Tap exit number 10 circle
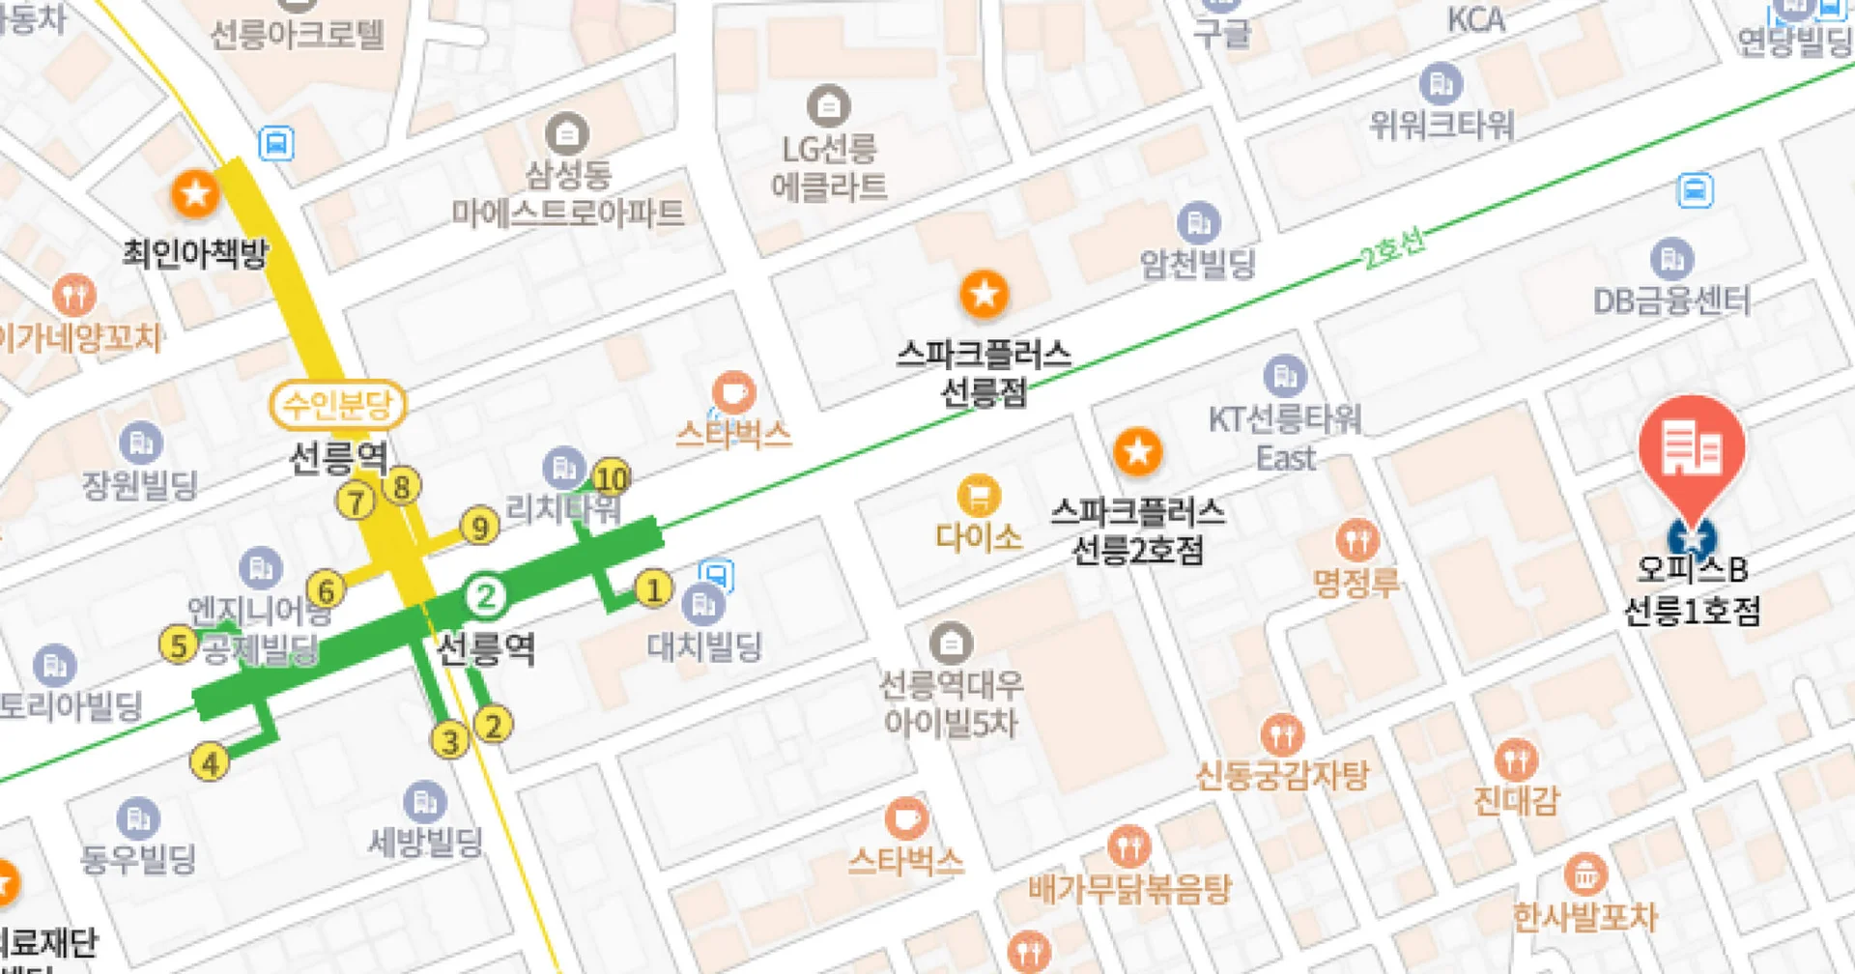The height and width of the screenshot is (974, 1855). coord(611,477)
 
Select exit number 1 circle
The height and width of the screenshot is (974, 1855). coord(653,588)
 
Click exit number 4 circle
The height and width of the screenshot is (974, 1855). coord(210,762)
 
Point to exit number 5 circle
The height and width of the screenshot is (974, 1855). coord(179,645)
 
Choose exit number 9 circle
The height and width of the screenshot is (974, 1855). coord(479,527)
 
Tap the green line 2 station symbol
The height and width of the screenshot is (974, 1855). coord(486,596)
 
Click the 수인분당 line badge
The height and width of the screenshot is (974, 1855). coord(337,404)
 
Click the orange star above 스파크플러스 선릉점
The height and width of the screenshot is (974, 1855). coord(984,294)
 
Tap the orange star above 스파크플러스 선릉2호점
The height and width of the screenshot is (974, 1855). coord(1137,451)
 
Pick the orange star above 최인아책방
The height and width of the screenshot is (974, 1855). coord(195,194)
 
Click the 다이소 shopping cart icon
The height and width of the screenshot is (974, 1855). coord(978,497)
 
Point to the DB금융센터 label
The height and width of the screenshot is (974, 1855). coord(1671,301)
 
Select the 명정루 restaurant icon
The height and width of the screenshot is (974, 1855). coord(1356,541)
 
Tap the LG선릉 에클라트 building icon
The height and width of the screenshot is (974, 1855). coord(828,106)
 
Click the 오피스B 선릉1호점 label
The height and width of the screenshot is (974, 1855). coord(1692,589)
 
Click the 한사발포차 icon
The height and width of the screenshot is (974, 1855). coord(1584,874)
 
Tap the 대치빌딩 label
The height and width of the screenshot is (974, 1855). coord(704,645)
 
